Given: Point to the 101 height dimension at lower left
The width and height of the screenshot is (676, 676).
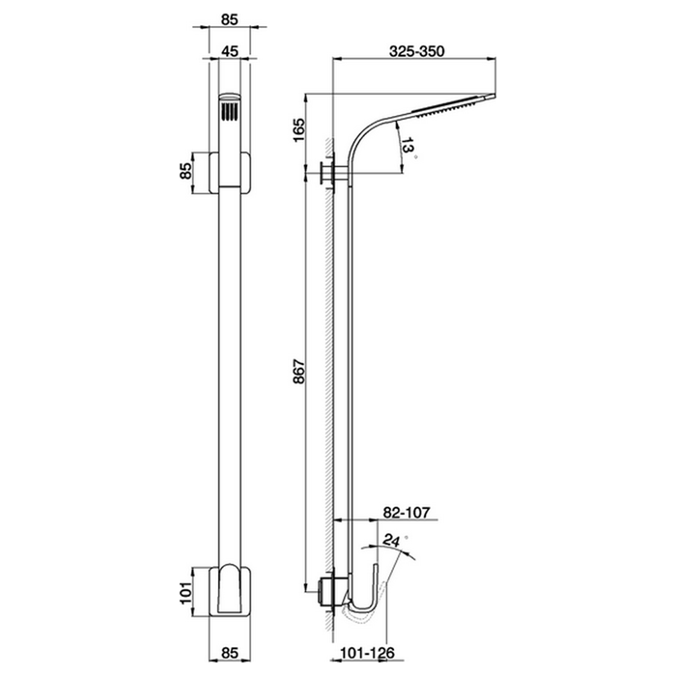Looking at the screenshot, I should coord(185,589).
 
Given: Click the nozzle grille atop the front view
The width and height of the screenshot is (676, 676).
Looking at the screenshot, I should coord(230,110).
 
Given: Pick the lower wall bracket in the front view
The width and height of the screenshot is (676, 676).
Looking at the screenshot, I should coord(230,589).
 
